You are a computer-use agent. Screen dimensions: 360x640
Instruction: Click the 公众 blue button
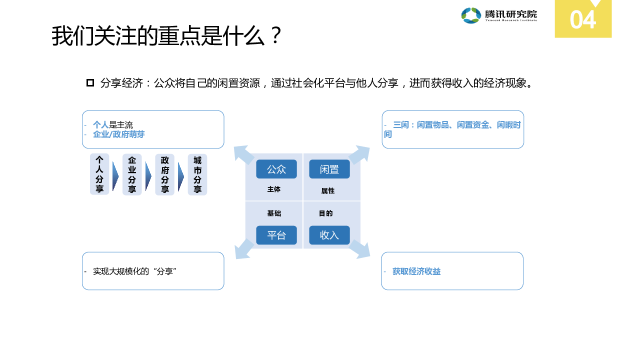tap(276, 169)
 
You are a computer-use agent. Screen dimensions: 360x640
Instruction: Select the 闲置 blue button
tap(329, 169)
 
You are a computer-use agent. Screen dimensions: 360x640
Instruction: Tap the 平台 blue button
tap(276, 235)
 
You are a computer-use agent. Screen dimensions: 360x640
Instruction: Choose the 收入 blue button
tap(329, 235)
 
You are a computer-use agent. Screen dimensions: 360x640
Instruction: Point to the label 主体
tap(274, 189)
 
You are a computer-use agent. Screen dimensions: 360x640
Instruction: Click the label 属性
tap(328, 191)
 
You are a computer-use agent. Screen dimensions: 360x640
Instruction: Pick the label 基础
tap(274, 213)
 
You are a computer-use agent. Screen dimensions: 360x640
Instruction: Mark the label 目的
tap(326, 213)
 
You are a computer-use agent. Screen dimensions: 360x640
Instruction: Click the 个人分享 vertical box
tap(99, 174)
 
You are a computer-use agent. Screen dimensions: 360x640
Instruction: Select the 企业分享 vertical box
tap(132, 174)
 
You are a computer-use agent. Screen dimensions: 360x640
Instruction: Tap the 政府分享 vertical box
tap(164, 174)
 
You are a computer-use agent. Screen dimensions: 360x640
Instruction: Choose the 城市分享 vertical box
tap(197, 174)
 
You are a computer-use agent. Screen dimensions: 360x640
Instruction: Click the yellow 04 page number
tap(583, 20)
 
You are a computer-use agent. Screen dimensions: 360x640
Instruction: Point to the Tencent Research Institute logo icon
tap(471, 15)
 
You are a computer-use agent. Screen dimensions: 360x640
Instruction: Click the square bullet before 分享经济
tap(90, 83)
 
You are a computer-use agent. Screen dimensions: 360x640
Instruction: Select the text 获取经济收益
tap(416, 271)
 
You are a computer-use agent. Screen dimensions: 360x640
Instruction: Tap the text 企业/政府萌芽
tap(119, 134)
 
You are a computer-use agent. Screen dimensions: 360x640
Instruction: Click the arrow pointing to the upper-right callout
tap(359, 155)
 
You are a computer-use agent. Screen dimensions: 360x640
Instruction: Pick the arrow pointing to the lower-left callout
tap(244, 248)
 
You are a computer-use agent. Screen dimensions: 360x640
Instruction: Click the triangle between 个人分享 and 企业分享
tap(115, 175)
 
